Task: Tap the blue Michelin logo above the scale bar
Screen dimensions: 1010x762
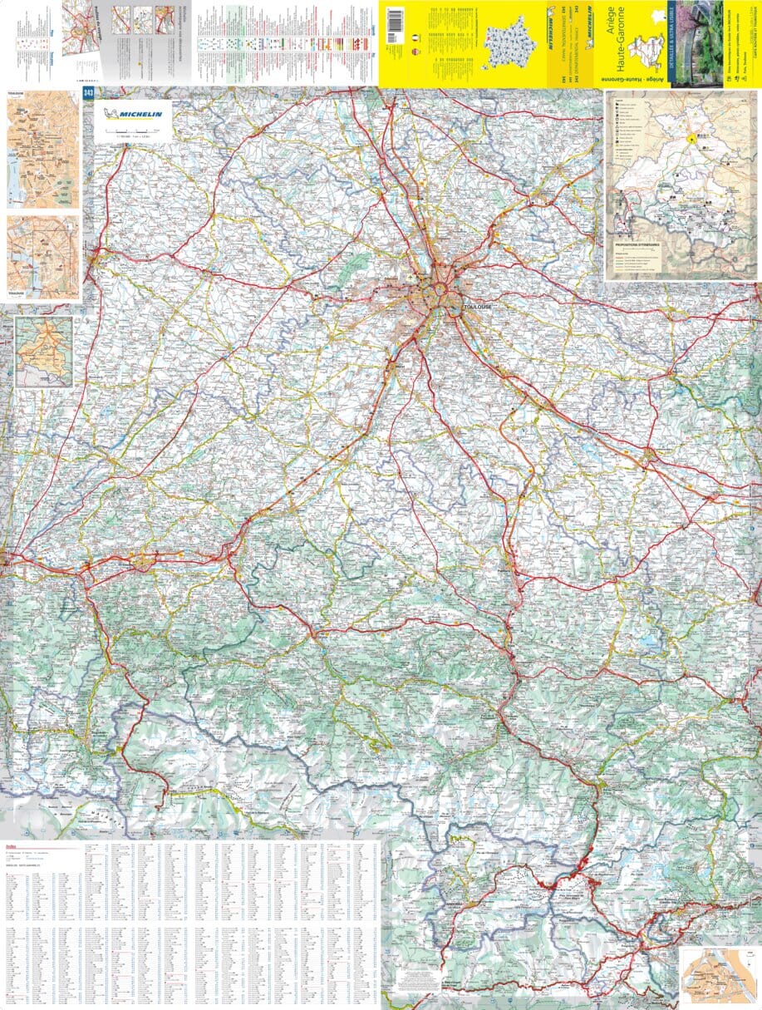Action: pyautogui.click(x=132, y=112)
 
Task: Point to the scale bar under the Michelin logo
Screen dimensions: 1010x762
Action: pyautogui.click(x=132, y=131)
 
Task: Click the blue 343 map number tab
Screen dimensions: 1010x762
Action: pyautogui.click(x=88, y=93)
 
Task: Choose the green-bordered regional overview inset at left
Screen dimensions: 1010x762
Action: pyautogui.click(x=44, y=351)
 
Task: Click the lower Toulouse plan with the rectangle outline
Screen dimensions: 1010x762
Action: pyautogui.click(x=42, y=258)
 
